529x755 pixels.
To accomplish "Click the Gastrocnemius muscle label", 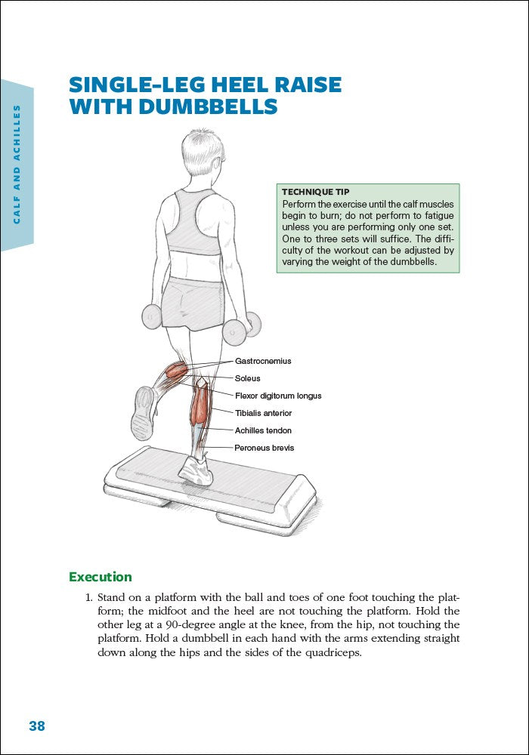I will [x=262, y=361].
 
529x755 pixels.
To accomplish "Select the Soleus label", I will [x=247, y=378].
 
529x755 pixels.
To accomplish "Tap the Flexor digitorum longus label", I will [x=277, y=396].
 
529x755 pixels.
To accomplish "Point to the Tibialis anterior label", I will [x=263, y=413].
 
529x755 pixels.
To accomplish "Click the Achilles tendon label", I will [x=263, y=430].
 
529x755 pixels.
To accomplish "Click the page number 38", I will [x=37, y=726].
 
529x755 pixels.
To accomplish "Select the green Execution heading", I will [x=100, y=577].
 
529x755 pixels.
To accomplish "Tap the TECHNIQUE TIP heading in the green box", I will [x=315, y=192].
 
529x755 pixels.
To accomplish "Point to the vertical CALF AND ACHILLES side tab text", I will [x=17, y=164].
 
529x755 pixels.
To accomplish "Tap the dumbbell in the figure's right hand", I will [x=243, y=326].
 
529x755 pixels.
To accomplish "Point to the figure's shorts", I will [x=193, y=302].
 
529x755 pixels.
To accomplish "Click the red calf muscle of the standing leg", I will [x=200, y=405].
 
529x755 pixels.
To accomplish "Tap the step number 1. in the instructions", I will [x=88, y=598].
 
